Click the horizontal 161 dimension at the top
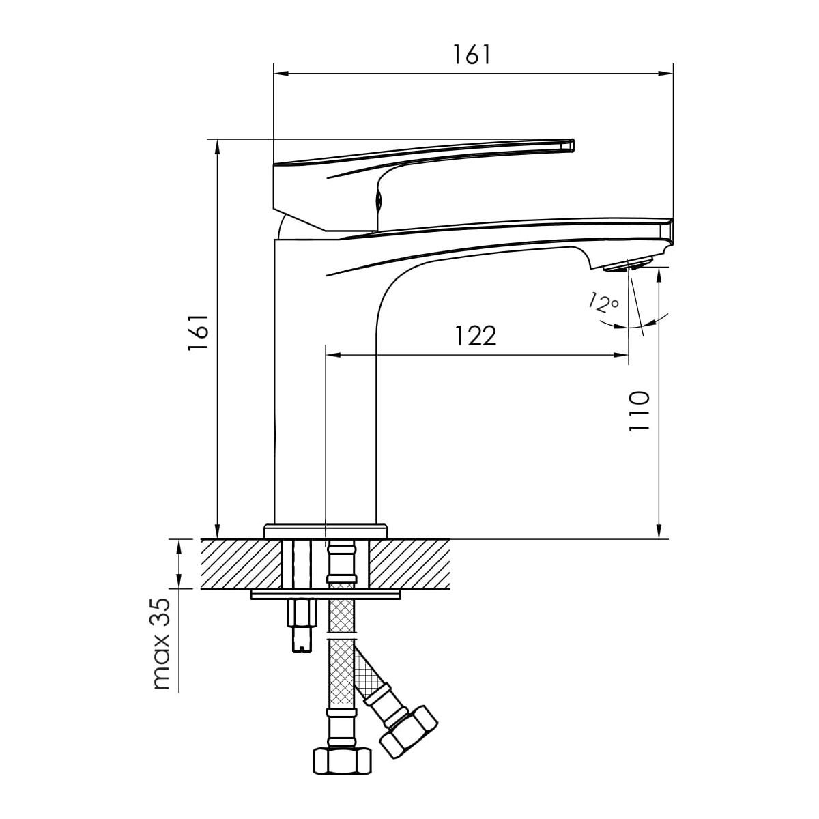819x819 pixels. click(472, 55)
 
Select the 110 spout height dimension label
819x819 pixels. click(640, 411)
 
